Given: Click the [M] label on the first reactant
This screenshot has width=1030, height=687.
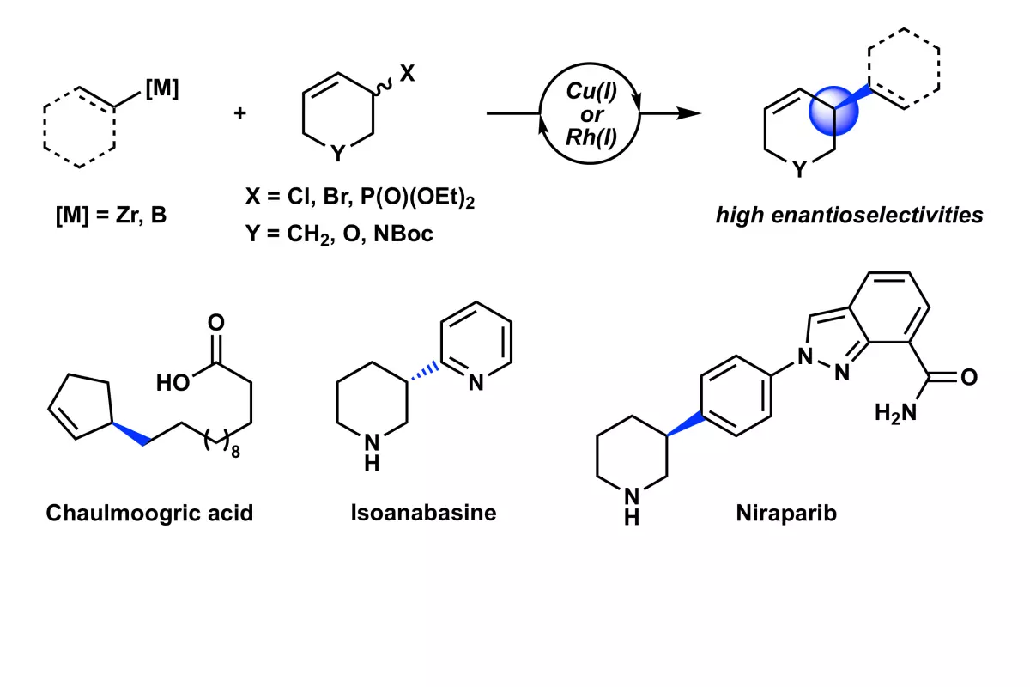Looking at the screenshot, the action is (x=162, y=88).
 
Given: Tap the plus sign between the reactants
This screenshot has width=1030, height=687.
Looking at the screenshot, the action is (x=239, y=112).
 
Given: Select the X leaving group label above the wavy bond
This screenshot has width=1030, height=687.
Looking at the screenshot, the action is (x=407, y=73).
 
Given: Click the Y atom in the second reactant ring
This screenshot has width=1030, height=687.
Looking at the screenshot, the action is (x=338, y=153).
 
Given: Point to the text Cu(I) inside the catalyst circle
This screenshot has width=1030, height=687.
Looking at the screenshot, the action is (x=591, y=91).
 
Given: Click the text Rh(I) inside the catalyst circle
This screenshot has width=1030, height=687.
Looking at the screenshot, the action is (x=591, y=137).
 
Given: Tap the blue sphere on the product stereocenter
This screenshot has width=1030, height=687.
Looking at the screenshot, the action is (x=833, y=111).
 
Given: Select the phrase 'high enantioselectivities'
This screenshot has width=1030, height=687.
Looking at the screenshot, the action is (x=849, y=215).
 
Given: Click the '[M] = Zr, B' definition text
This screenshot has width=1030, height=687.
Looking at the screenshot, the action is (x=111, y=215).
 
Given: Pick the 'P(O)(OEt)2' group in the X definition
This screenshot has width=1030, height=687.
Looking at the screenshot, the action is (x=417, y=198).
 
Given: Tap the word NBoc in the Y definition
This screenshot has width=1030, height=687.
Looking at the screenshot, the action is (x=403, y=234).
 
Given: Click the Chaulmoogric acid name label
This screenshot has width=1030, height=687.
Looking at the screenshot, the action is (x=149, y=513).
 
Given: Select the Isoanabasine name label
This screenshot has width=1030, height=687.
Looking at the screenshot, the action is (x=423, y=513).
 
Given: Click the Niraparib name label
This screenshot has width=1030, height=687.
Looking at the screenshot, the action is (x=786, y=513).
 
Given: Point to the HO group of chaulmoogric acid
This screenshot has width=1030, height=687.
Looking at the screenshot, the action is (x=173, y=382).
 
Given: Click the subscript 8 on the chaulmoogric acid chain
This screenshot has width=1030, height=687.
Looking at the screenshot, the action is (x=235, y=453).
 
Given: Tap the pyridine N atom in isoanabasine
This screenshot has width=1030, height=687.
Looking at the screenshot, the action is (x=476, y=382).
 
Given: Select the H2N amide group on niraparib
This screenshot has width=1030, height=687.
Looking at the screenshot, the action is (x=895, y=413).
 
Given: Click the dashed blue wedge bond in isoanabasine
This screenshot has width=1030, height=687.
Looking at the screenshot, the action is (x=424, y=372).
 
